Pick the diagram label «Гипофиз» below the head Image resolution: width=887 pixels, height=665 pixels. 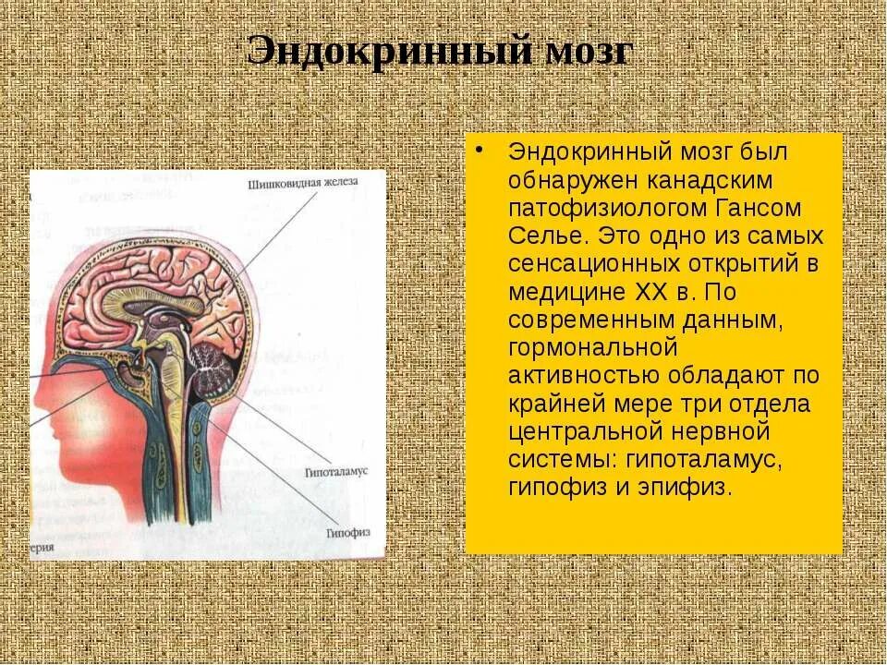click(347, 533)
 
